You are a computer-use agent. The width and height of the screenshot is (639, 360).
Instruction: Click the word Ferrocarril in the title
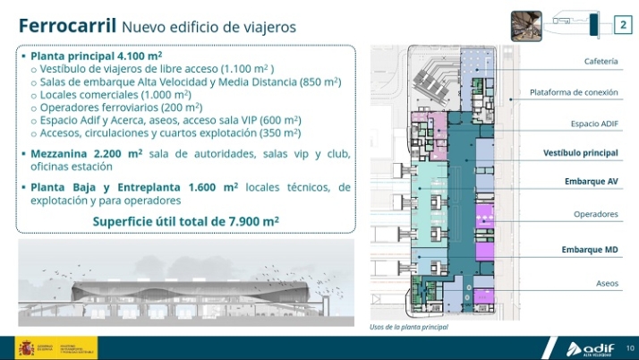[66, 25]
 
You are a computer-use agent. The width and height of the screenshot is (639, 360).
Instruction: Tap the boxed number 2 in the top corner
[623, 25]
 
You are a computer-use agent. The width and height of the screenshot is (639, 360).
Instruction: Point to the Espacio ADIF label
[594, 123]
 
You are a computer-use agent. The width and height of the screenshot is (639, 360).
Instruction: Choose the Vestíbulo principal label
[581, 153]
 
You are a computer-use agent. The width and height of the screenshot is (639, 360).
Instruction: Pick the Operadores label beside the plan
[596, 214]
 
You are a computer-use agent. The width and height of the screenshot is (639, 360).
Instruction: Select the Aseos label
[607, 283]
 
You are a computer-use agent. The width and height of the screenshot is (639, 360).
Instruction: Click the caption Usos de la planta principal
[409, 327]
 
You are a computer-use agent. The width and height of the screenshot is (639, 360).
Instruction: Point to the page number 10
[630, 347]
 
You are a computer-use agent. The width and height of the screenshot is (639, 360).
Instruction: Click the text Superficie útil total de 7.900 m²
[186, 221]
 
